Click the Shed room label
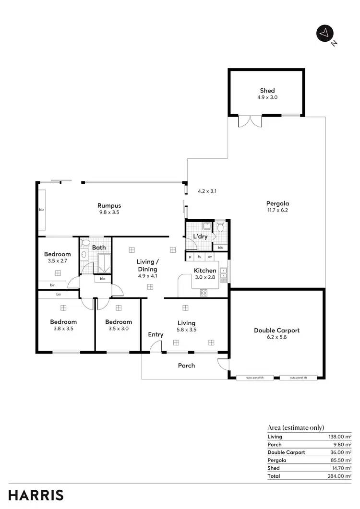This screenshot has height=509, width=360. [x=267, y=90]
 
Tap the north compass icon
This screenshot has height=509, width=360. [x=325, y=33]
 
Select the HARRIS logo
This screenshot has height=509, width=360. [x=36, y=495]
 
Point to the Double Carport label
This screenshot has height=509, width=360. [x=276, y=330]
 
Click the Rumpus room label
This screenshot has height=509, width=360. [x=109, y=206]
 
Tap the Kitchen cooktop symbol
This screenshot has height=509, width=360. [x=203, y=292]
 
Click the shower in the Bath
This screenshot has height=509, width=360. [x=104, y=263]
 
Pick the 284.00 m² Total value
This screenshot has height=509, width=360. [x=339, y=476]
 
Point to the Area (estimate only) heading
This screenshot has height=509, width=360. [x=296, y=427]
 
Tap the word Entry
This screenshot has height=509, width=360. [x=156, y=334]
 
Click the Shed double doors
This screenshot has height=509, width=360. [x=250, y=121]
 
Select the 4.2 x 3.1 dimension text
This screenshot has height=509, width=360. [x=207, y=191]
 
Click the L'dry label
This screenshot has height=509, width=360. [x=200, y=237]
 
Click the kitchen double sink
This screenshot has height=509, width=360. [x=224, y=273]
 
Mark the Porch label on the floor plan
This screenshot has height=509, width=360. [x=187, y=366]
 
